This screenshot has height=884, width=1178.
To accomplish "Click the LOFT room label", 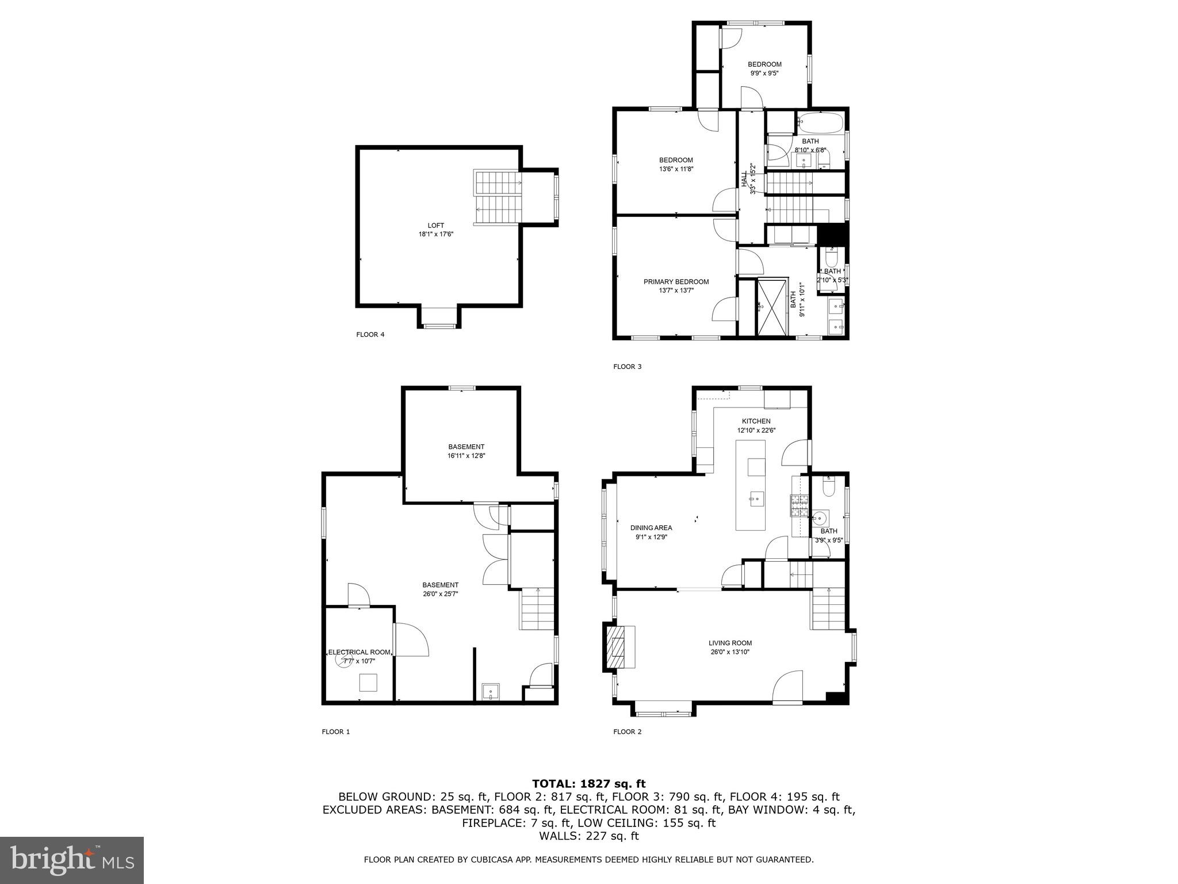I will [x=436, y=225].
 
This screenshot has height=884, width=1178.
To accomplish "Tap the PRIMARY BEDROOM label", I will [x=676, y=281].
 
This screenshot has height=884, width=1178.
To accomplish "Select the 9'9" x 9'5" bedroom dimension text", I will [x=764, y=73].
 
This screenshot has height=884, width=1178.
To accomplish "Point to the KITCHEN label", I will [x=756, y=421].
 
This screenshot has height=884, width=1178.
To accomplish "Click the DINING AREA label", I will [x=651, y=528].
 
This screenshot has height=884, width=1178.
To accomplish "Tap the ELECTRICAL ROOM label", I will [x=359, y=652].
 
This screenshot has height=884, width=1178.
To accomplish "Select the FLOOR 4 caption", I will [x=370, y=334].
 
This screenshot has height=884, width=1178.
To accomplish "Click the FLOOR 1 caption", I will [x=335, y=732].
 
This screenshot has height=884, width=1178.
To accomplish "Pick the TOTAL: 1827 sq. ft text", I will [x=588, y=783].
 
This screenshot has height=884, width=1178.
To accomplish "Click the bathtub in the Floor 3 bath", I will [x=820, y=123].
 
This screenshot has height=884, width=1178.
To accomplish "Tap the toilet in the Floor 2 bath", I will [x=829, y=488].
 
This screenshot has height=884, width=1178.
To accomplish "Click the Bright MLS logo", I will [x=72, y=860].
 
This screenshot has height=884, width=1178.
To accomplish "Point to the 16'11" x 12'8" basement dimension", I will [x=466, y=455].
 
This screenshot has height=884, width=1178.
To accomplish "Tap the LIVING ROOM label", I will [x=730, y=643].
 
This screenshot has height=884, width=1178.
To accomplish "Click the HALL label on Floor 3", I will [x=744, y=178].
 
